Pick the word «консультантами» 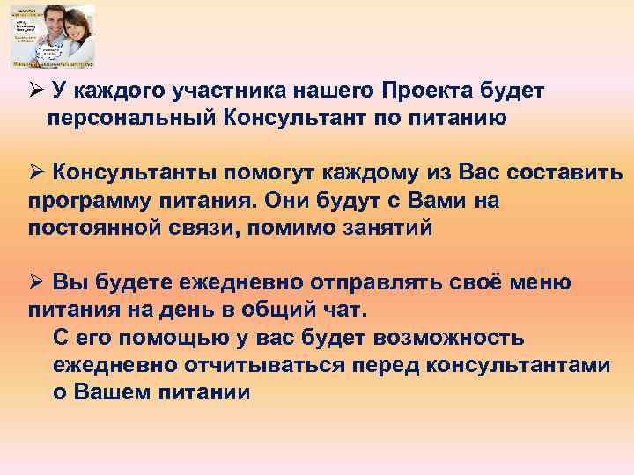click(x=527, y=364)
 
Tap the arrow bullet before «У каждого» click(x=34, y=90)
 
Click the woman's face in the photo click(x=66, y=32)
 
